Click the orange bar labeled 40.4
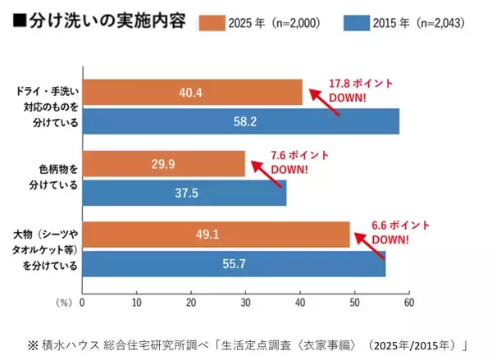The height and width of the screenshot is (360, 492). coord(192,93)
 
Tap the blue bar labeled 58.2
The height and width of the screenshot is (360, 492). coord(240,122)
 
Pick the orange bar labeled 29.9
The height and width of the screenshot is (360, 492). coord(163,164)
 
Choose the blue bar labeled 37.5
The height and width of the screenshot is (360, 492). coord(184,193)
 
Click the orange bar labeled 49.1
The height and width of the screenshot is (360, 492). coord(216,235)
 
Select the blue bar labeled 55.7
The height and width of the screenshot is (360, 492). coord(234,264)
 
